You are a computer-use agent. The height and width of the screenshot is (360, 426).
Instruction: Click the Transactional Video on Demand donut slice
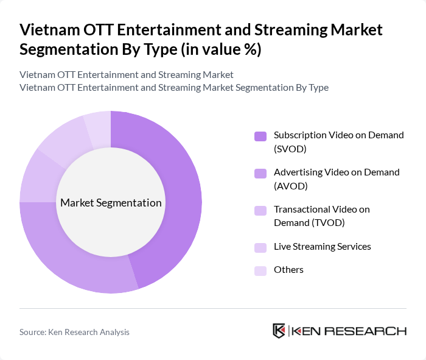pyautogui.click(x=36, y=177)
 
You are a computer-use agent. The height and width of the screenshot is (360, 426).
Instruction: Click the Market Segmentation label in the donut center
pyautogui.click(x=111, y=203)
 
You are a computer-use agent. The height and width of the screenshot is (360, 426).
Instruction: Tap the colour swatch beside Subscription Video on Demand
pyautogui.click(x=260, y=136)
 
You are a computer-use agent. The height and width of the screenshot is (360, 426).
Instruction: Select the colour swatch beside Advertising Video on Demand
pyautogui.click(x=260, y=173)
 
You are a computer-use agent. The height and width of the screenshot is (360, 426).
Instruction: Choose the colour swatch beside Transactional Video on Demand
pyautogui.click(x=260, y=210)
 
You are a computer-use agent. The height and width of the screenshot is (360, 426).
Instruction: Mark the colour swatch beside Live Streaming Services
pyautogui.click(x=260, y=247)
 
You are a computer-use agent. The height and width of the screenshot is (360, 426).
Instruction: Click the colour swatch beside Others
pyautogui.click(x=260, y=270)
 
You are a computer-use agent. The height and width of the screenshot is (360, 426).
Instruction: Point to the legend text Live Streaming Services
pyautogui.click(x=322, y=247)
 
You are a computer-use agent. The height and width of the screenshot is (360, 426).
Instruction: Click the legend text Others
pyautogui.click(x=288, y=270)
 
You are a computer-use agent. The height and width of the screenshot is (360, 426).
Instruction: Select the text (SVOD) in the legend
pyautogui.click(x=290, y=149)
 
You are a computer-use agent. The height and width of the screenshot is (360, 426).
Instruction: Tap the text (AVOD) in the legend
pyautogui.click(x=290, y=186)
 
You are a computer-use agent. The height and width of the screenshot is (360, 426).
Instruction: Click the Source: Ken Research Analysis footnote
pyautogui.click(x=74, y=332)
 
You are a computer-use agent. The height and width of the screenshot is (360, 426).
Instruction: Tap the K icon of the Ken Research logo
pyautogui.click(x=279, y=331)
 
